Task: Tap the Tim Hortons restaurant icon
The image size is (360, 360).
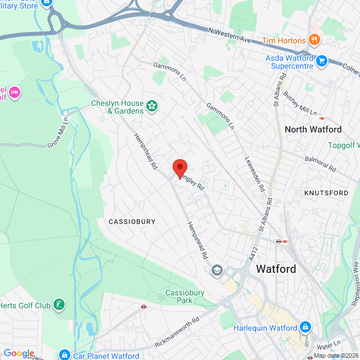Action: (314, 40)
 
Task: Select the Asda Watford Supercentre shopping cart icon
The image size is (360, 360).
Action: (321, 60)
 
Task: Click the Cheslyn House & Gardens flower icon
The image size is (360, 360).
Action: (151, 106)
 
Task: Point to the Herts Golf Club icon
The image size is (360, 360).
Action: (58, 305)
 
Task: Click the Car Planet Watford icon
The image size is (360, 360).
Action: (65, 355)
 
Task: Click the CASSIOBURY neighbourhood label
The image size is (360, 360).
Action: (131, 222)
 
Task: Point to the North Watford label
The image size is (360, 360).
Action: (313, 129)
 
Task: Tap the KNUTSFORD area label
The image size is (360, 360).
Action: (326, 193)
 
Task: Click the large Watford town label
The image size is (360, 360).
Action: (276, 269)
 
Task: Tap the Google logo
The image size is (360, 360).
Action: (19, 353)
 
